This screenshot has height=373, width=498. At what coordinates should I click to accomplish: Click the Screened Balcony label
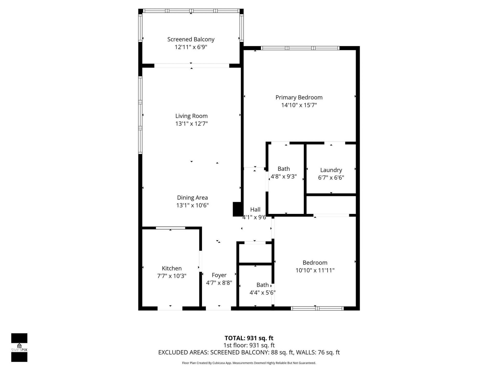tap(191, 39)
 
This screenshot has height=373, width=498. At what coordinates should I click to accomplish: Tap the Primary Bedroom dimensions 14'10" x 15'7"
tap(299, 105)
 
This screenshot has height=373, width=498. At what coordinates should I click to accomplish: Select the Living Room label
tap(191, 116)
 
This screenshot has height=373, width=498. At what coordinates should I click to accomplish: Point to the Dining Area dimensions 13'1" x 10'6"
tap(192, 205)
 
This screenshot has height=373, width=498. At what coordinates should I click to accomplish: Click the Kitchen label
tap(172, 268)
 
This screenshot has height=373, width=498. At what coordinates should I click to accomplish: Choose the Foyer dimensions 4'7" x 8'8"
tap(219, 283)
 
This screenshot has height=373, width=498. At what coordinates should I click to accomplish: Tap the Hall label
tap(255, 210)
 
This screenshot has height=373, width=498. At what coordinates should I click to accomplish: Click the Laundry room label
tap(331, 170)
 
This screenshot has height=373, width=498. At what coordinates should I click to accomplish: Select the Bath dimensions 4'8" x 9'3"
tap(283, 177)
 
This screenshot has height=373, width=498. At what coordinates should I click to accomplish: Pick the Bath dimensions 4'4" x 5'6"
tap(262, 293)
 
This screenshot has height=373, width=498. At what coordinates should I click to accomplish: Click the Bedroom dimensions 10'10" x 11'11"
tap(315, 270)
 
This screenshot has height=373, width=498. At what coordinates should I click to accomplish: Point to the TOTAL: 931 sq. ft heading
tap(249, 338)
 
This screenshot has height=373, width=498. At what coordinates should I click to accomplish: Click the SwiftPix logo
tap(19, 347)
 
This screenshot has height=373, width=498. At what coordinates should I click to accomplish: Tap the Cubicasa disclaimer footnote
tap(249, 363)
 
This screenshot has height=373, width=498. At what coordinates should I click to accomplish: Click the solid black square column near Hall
tap(237, 209)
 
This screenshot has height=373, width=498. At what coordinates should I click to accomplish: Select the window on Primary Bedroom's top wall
tap(300, 48)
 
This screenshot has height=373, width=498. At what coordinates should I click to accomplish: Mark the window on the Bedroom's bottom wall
tap(317, 308)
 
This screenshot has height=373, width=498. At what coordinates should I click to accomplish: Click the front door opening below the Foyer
tap(218, 308)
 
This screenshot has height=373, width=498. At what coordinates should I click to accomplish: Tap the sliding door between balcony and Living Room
tap(191, 66)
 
